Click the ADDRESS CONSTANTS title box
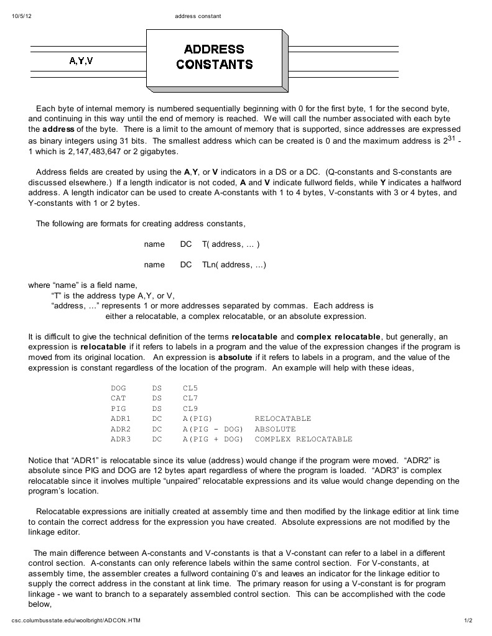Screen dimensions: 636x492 214,57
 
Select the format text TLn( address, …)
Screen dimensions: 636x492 234,265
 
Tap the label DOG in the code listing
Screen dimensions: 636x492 118,389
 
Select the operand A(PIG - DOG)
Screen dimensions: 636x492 213,429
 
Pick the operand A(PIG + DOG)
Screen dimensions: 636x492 213,440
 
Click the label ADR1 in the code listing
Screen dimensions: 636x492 121,419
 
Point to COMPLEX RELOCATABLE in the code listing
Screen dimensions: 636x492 304,440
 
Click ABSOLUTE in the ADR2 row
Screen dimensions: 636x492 275,429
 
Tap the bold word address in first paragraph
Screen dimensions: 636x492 58,129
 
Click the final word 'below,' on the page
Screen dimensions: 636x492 39,604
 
